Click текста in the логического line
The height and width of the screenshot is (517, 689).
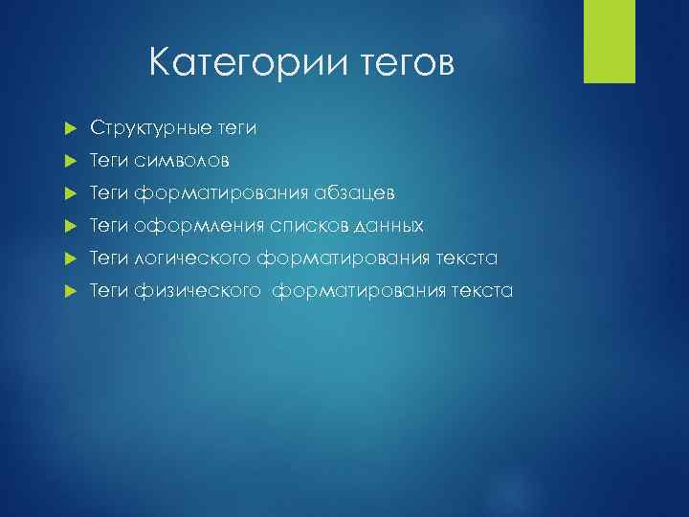point(465,258)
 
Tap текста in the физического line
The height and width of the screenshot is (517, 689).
point(480,290)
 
